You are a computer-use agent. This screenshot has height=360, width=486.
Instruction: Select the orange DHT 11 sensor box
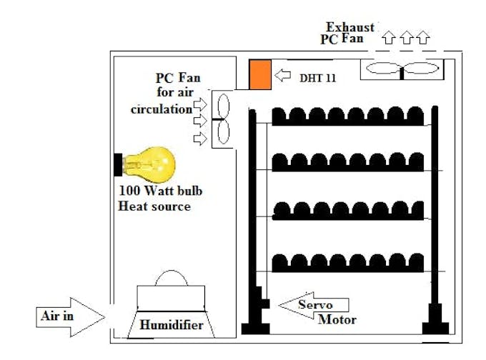(260, 75)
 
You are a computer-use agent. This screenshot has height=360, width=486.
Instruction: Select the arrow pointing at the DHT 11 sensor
(284, 74)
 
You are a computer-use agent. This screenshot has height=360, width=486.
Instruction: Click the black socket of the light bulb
(117, 164)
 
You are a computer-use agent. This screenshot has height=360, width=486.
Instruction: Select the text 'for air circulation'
(164, 101)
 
